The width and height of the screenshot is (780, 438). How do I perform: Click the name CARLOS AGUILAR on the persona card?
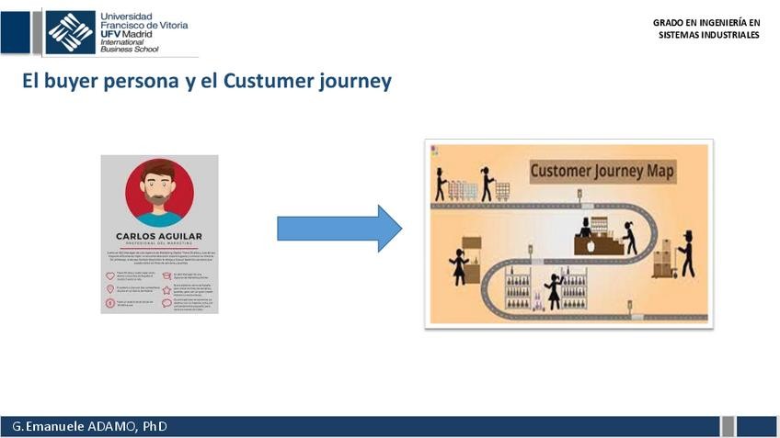[159, 236]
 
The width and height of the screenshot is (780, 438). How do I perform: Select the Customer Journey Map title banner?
[602, 171]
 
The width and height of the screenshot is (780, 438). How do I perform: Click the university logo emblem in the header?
[71, 31]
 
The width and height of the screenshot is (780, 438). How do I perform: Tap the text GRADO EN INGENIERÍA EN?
[706, 23]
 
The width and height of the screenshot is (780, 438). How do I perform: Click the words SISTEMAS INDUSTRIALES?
[708, 35]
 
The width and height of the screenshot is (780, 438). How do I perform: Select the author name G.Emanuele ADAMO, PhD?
[90, 427]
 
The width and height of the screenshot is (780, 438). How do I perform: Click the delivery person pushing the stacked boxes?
[686, 254]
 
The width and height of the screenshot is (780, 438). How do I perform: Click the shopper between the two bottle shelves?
[555, 291]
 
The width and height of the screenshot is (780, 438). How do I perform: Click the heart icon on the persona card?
[111, 275]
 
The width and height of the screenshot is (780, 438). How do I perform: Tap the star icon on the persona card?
[166, 288]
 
